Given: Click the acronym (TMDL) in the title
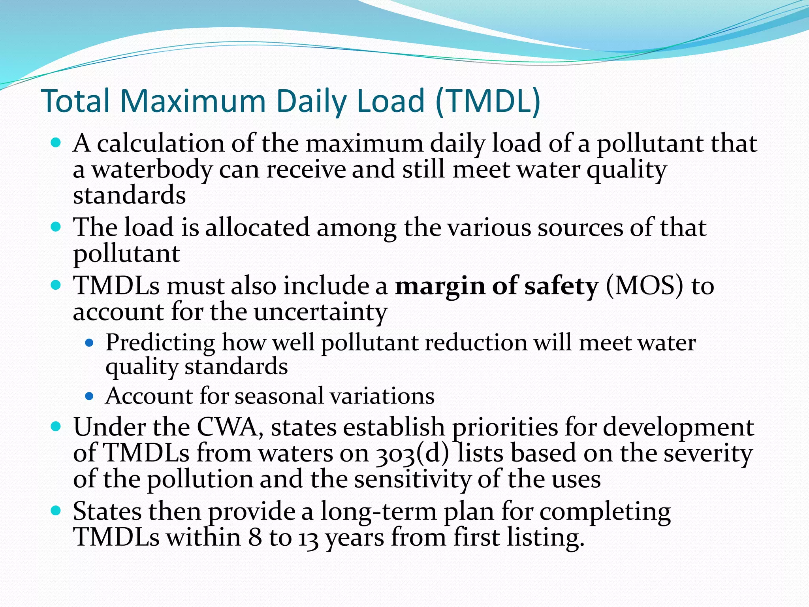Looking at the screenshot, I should tap(488, 101).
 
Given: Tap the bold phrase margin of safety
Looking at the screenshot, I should tap(497, 286).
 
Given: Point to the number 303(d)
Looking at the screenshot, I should tap(412, 454).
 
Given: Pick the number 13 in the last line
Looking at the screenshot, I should tap(309, 538).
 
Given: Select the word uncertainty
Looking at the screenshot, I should tap(320, 312).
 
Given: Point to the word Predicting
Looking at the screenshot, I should tap(160, 343).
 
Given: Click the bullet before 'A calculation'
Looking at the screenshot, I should tap(56, 143).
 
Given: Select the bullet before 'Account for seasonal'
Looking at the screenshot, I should tap(90, 396).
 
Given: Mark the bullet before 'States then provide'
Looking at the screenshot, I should tap(56, 511).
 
